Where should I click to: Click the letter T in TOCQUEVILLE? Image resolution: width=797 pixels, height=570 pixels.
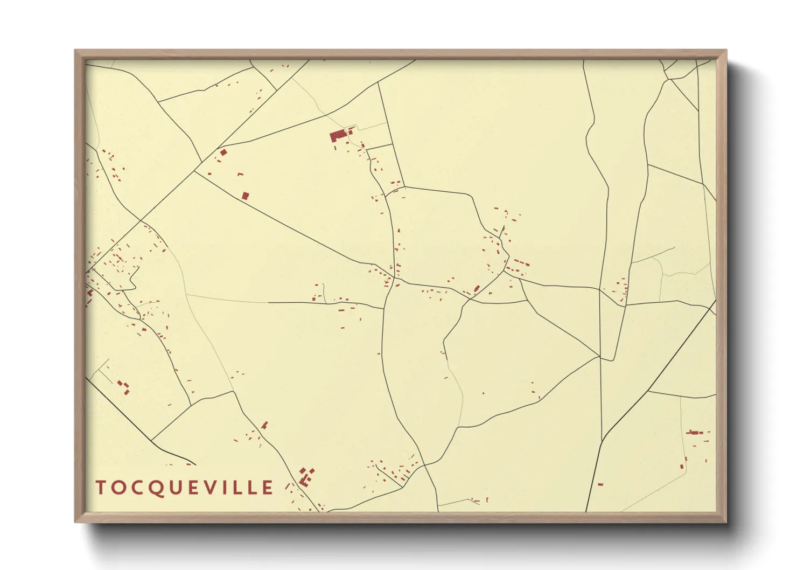click(x=101, y=487)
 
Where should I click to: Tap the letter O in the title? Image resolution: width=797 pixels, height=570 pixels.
click(x=118, y=487)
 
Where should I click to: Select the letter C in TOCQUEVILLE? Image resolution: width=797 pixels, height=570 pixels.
click(x=137, y=487)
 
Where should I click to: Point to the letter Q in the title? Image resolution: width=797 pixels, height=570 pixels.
click(x=156, y=488)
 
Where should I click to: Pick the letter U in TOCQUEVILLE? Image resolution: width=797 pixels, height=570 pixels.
click(x=176, y=487)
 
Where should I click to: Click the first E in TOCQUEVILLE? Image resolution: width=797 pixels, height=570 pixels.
click(x=194, y=487)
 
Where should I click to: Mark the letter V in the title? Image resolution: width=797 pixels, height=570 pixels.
click(x=212, y=487)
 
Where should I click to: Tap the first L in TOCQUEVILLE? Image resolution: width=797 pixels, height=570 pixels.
click(x=239, y=487)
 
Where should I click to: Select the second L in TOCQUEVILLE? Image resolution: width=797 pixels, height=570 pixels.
click(x=254, y=487)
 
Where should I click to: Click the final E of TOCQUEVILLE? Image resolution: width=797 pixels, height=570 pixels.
click(x=268, y=487)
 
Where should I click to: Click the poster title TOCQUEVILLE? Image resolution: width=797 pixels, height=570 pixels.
click(x=184, y=487)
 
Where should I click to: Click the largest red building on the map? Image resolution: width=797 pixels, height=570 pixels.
click(x=338, y=135)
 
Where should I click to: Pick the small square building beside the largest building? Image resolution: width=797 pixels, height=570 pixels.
click(x=351, y=131)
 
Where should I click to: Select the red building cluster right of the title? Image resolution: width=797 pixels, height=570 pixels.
click(x=306, y=476)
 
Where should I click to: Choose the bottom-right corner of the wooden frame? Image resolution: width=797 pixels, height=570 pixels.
click(x=725, y=521)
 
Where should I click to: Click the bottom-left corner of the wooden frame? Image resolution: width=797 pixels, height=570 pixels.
click(x=76, y=521)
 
